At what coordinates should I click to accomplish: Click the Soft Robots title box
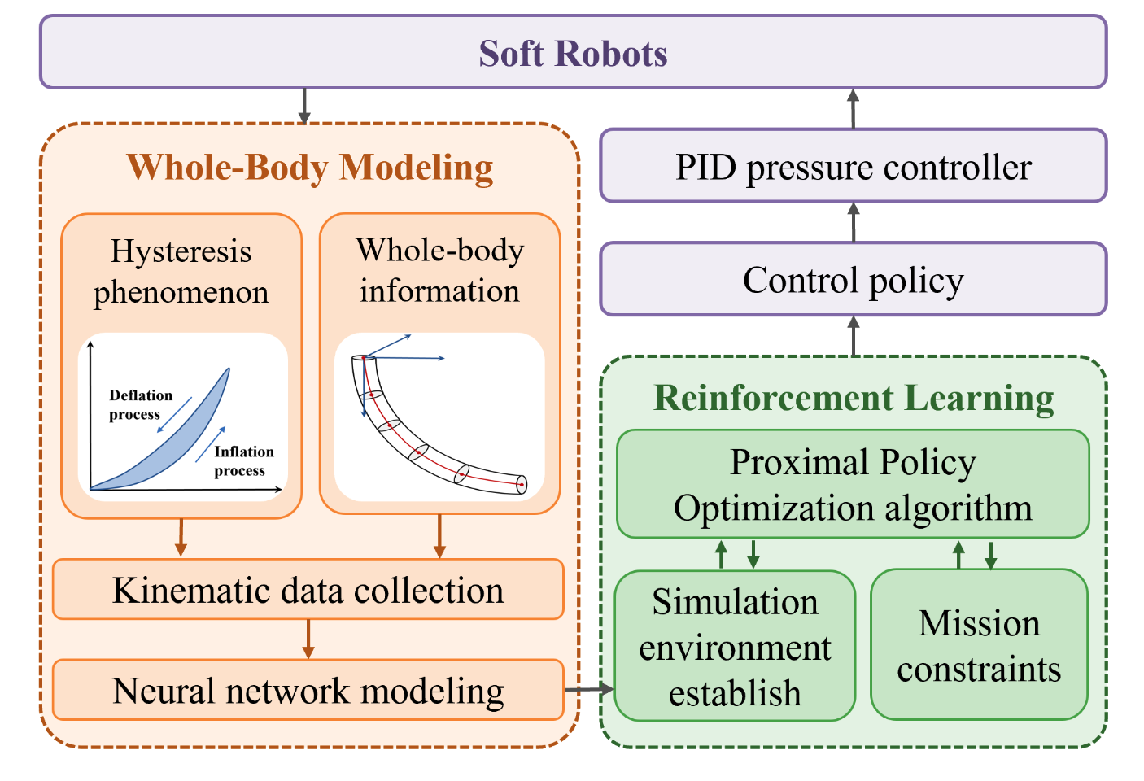[x=573, y=53]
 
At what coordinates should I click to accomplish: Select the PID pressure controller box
[x=853, y=166]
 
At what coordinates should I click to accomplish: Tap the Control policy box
[x=853, y=279]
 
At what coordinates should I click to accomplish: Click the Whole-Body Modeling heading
[x=310, y=167]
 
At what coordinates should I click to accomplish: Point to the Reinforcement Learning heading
[x=854, y=398]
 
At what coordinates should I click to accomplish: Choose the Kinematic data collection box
[x=308, y=590]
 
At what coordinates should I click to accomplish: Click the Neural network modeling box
[x=308, y=691]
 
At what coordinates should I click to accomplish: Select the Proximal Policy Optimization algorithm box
[x=853, y=485]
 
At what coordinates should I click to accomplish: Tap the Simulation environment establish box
[x=735, y=647]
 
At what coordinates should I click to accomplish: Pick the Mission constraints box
[x=979, y=646]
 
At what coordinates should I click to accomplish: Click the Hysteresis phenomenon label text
[x=181, y=271]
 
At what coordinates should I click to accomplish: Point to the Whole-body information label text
[x=439, y=270]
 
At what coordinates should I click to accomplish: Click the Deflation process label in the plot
[x=140, y=404]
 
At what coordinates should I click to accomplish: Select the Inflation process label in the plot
[x=243, y=460]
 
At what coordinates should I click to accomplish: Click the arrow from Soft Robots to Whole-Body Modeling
[x=304, y=106]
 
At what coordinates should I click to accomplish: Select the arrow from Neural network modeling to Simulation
[x=588, y=690]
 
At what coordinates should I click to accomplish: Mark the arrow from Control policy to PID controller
[x=854, y=221]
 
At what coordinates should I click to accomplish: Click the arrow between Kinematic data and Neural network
[x=308, y=639]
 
